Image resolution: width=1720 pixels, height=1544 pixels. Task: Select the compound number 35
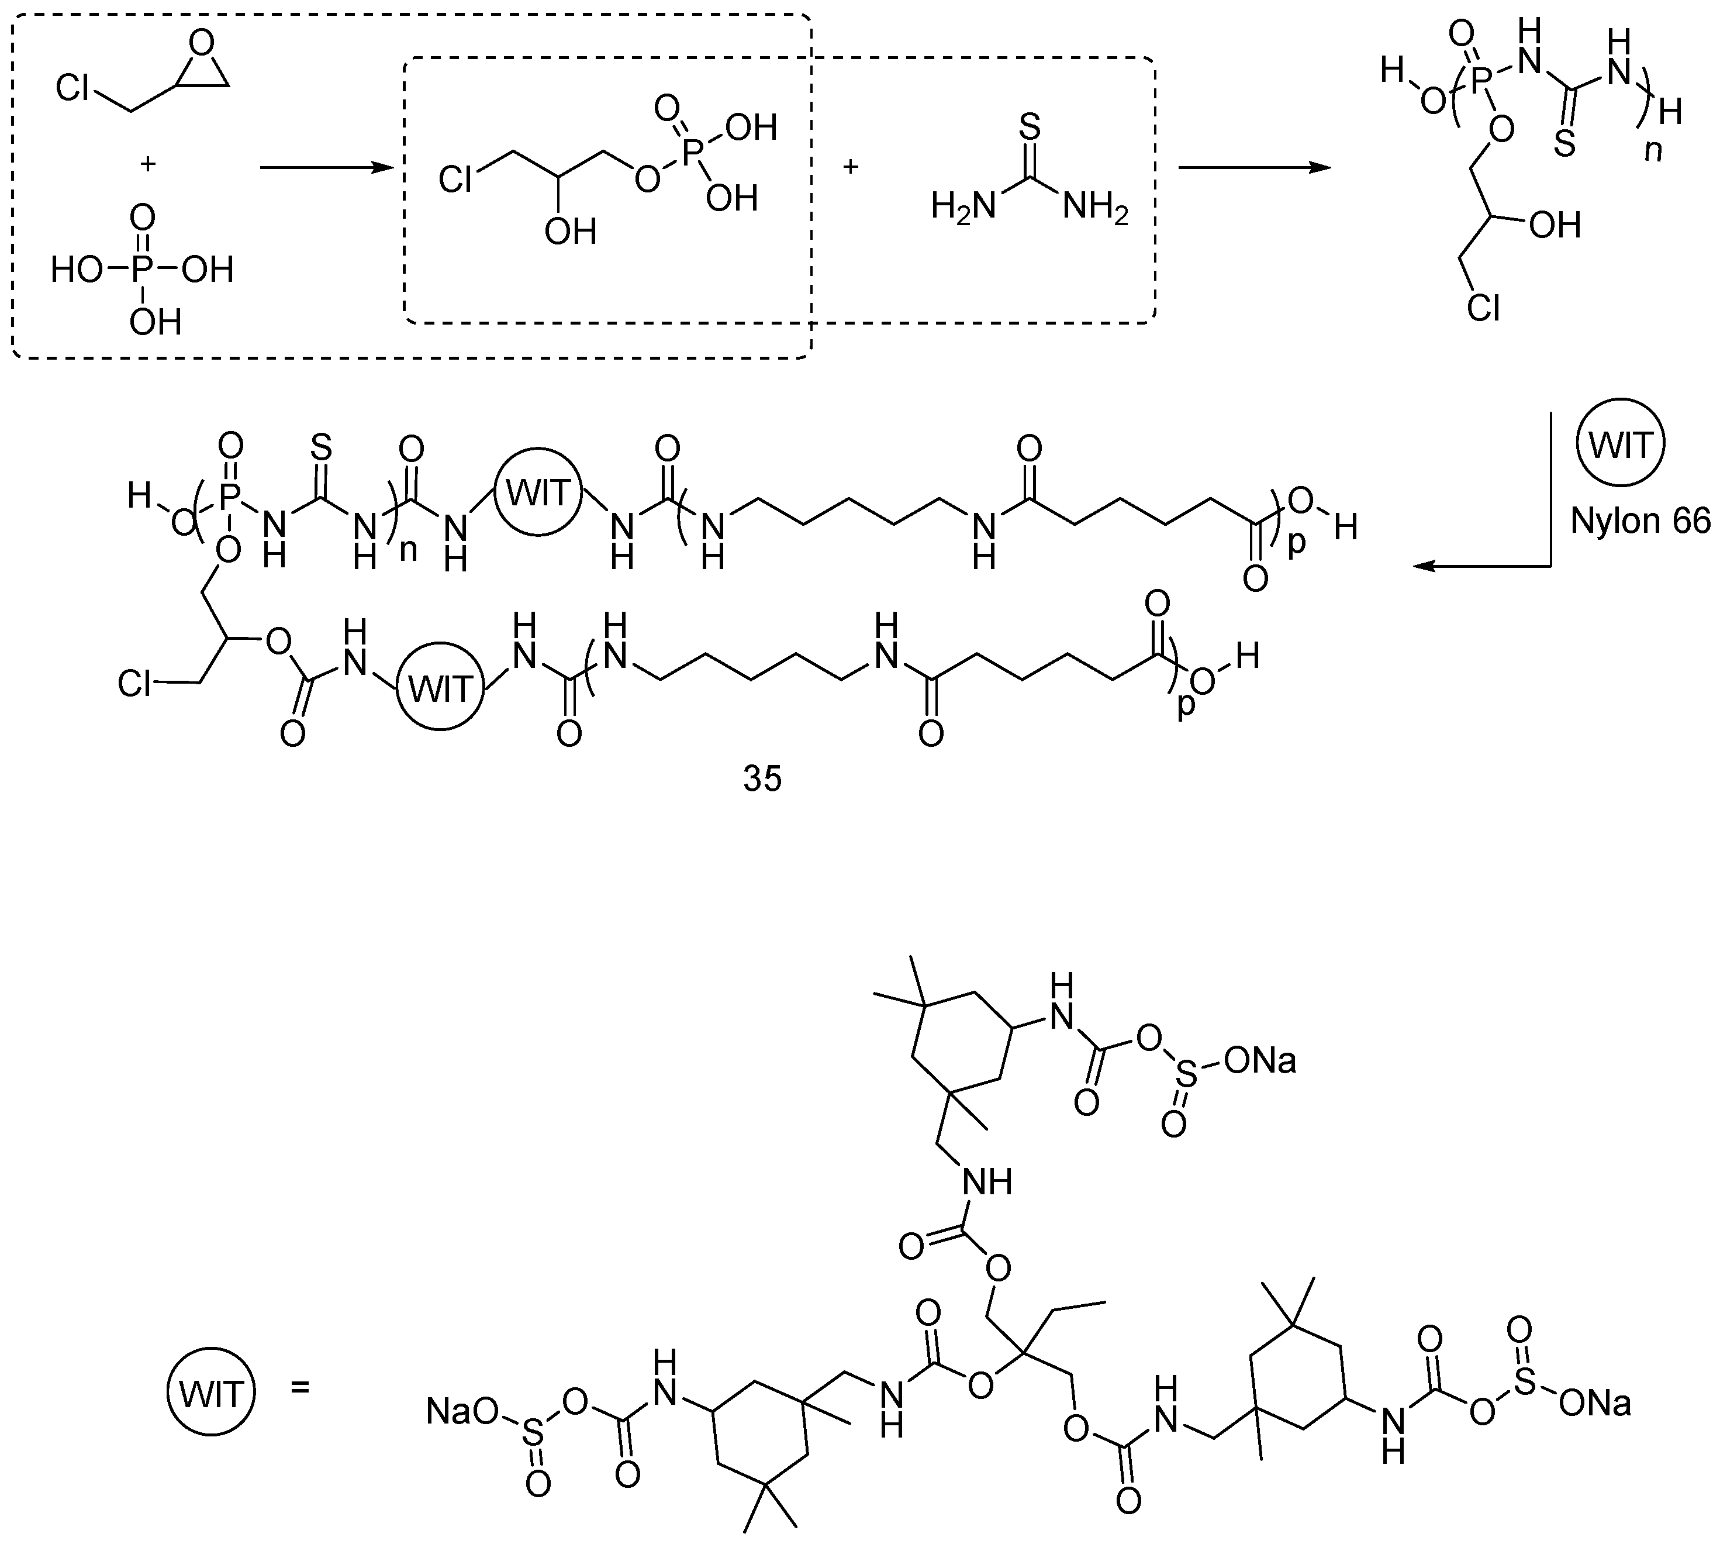pyautogui.click(x=762, y=780)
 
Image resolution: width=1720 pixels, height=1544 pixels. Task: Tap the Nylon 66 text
pyautogui.click(x=1640, y=520)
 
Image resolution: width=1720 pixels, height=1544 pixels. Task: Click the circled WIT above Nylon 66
pyautogui.click(x=1620, y=444)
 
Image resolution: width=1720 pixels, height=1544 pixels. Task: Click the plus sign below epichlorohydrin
pyautogui.click(x=147, y=164)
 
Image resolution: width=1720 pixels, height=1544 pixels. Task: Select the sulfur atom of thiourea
pyautogui.click(x=1029, y=127)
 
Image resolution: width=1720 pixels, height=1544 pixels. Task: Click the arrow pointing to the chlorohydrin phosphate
pyautogui.click(x=327, y=168)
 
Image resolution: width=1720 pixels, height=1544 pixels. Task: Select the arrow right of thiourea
pyautogui.click(x=1253, y=168)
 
